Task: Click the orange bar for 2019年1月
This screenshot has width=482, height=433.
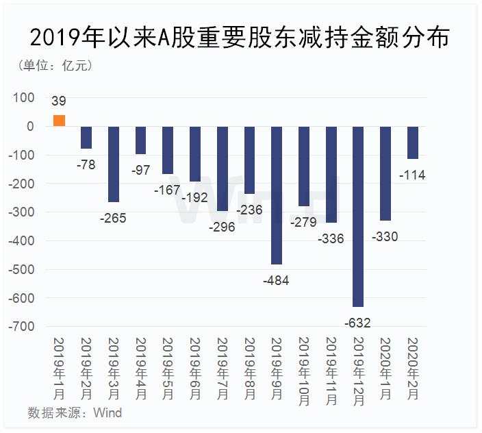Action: point(60,121)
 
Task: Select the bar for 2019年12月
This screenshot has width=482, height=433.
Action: point(358,216)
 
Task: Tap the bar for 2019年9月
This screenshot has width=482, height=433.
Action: point(277,195)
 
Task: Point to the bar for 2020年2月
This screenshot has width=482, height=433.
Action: point(413,143)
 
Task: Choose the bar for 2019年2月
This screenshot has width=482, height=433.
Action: point(86,138)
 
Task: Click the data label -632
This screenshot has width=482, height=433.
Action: point(358,322)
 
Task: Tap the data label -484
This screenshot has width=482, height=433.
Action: point(277,280)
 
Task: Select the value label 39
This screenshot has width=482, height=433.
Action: point(59,101)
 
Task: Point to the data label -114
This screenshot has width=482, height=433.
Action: point(412,175)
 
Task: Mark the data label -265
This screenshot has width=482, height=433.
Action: point(114,218)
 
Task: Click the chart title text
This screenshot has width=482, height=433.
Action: point(240,38)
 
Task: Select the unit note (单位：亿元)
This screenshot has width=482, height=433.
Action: point(54,66)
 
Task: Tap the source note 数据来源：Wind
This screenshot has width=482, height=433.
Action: point(75,412)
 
